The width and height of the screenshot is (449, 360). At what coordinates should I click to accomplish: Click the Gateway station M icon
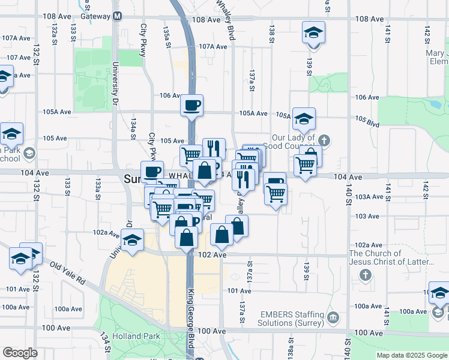(117, 16)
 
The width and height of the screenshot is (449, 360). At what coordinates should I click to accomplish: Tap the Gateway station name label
(95, 16)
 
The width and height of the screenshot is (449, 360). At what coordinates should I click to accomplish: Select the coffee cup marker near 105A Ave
(192, 106)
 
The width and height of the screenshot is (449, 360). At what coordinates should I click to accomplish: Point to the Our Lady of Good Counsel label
(292, 142)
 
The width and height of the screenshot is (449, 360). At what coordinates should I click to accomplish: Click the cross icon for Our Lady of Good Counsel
(324, 141)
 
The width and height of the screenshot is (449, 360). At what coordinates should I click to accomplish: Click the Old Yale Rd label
(68, 272)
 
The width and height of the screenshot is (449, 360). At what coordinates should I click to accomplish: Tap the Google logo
(20, 353)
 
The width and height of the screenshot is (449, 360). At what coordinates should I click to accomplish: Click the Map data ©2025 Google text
(412, 355)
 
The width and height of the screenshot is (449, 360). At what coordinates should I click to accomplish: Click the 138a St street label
(290, 347)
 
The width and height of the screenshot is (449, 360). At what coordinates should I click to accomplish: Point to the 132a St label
(54, 29)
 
